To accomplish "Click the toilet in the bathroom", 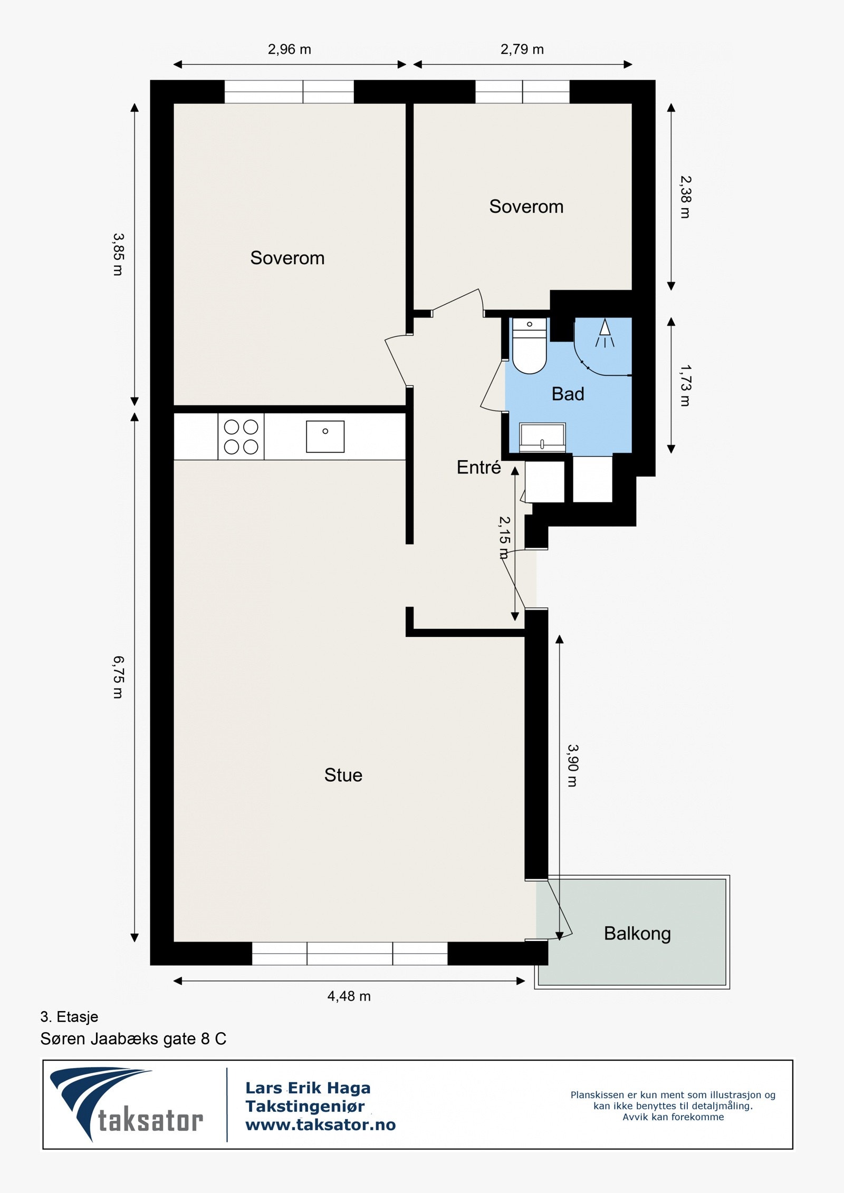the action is [529, 345].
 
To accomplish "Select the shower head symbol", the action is [605, 333].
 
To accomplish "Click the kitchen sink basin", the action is [325, 437].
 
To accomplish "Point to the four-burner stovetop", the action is [241, 437].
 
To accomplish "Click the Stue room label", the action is [343, 775].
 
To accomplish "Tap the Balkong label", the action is [637, 934].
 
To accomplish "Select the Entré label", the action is [478, 467].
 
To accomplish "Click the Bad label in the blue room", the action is [568, 394].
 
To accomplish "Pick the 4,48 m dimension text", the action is [349, 996].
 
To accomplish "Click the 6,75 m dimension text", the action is [118, 677].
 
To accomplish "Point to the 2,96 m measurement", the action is [289, 49].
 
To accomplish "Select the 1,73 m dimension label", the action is [685, 385].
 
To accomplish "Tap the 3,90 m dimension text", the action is [572, 765].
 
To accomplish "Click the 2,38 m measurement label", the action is [685, 197].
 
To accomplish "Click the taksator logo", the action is [127, 1104].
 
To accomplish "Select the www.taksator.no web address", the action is [320, 1124].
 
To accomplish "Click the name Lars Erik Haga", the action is [308, 1088].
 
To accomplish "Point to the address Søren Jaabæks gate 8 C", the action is [133, 1039].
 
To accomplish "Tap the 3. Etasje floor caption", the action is [69, 1016].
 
